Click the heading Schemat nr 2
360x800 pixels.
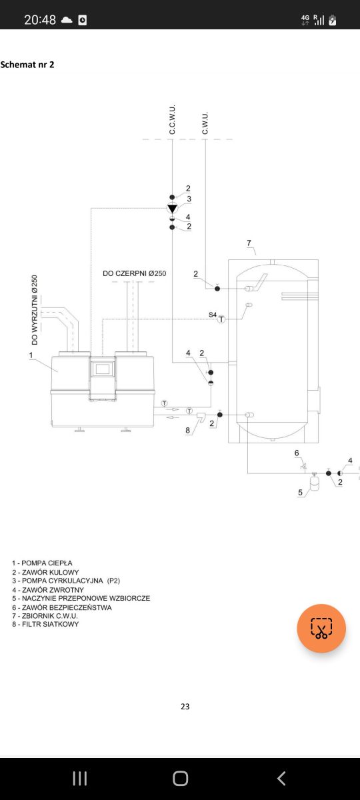pos(27,65)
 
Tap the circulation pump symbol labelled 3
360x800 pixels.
pos(172,208)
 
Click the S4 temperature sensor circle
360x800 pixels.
pos(221,319)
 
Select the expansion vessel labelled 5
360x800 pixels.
pos(314,482)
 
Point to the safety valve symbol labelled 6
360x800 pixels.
pos(304,466)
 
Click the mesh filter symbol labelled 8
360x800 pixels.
pos(201,417)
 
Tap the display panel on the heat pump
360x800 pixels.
pos(103,369)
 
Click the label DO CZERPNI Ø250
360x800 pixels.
pos(134,273)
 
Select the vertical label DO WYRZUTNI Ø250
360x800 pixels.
pos(35,309)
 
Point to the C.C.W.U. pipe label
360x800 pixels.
pos(172,119)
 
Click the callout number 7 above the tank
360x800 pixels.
pos(249,243)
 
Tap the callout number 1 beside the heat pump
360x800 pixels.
pos(31,355)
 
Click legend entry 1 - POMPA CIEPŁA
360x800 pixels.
pos(42,563)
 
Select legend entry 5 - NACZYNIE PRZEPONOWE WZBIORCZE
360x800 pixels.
pos(81,598)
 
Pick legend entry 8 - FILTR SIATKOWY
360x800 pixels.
pos(45,624)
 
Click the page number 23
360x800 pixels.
pos(185,707)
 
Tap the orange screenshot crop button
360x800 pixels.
pos(321,628)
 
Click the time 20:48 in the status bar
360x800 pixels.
pos(40,19)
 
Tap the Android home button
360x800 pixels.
pos(181,778)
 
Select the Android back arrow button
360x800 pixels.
pos(281,778)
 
